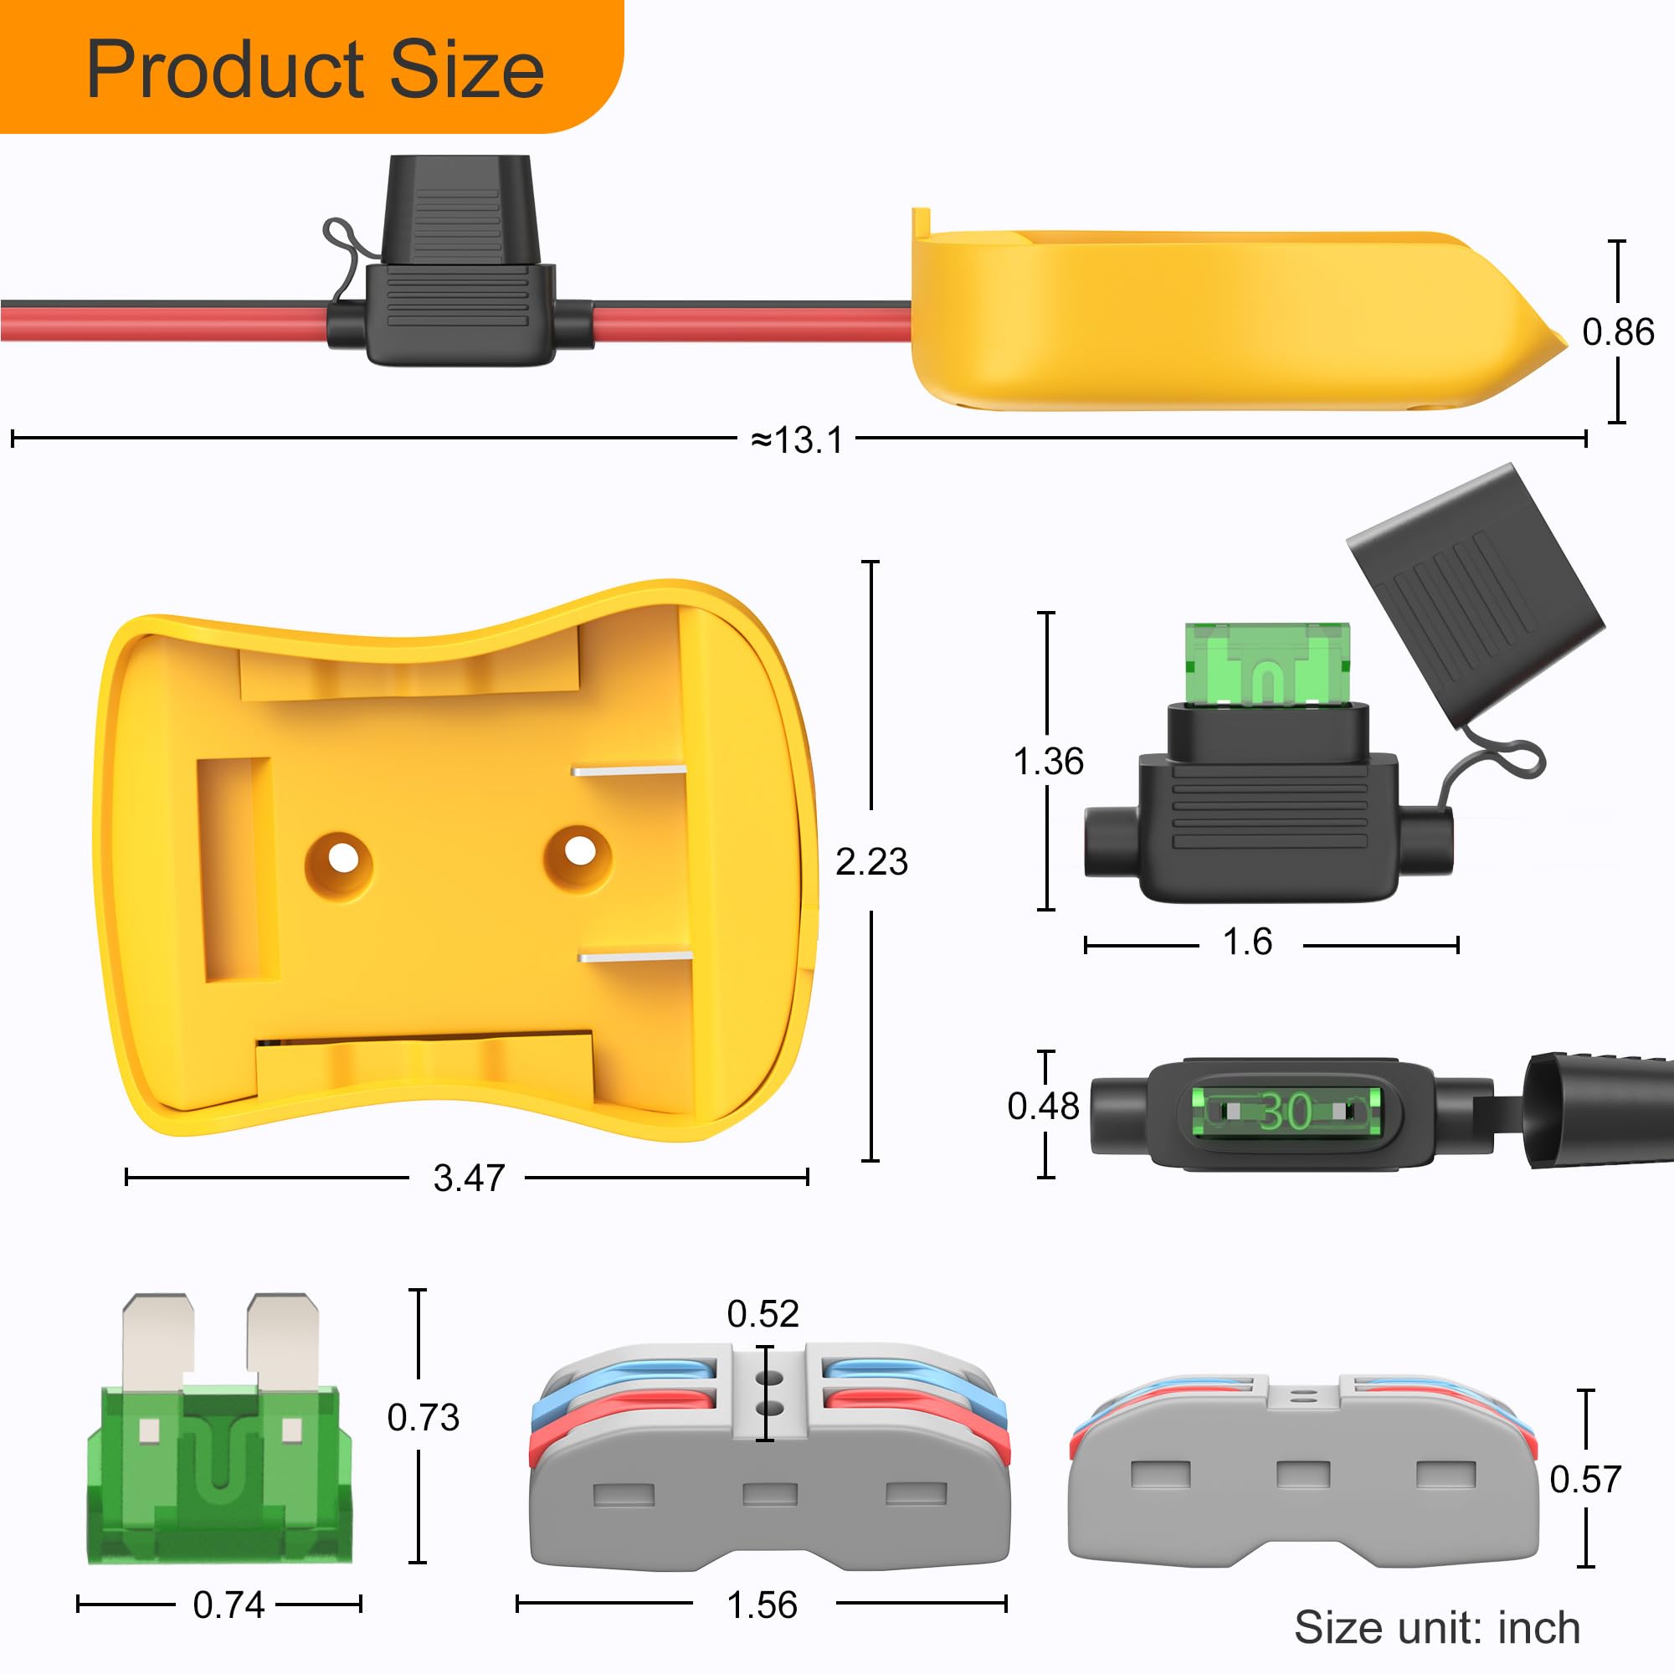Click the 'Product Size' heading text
click(316, 69)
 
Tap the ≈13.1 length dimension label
click(796, 440)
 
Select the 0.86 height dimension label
click(1618, 331)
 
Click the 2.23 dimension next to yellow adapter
click(870, 861)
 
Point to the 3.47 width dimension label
click(469, 1178)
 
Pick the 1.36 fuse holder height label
click(1049, 761)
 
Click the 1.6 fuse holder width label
click(1247, 942)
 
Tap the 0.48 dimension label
click(1043, 1107)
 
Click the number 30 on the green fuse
click(1285, 1111)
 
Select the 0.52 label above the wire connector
click(763, 1314)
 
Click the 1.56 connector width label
click(762, 1605)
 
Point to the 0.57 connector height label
click(1584, 1479)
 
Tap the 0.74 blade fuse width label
click(229, 1605)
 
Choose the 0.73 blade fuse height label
click(423, 1418)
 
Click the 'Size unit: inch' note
click(1436, 1627)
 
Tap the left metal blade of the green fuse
click(157, 1340)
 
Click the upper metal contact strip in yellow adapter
click(629, 769)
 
